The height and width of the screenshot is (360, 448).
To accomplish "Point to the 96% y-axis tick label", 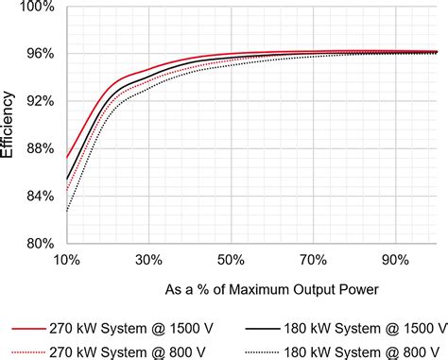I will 39,55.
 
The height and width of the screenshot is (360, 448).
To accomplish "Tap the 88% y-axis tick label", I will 39,149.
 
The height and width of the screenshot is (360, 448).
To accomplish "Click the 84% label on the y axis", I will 39,197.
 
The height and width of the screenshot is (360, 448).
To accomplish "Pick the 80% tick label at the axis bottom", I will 39,244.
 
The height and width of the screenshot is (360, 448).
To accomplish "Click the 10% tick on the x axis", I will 66,260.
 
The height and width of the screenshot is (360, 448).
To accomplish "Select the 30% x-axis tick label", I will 148,260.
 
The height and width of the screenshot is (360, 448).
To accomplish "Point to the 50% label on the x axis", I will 231,260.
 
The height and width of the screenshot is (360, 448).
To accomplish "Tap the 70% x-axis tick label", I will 313,260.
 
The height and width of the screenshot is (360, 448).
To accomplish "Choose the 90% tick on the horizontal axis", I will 395,260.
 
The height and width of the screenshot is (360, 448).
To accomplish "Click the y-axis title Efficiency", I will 9,126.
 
